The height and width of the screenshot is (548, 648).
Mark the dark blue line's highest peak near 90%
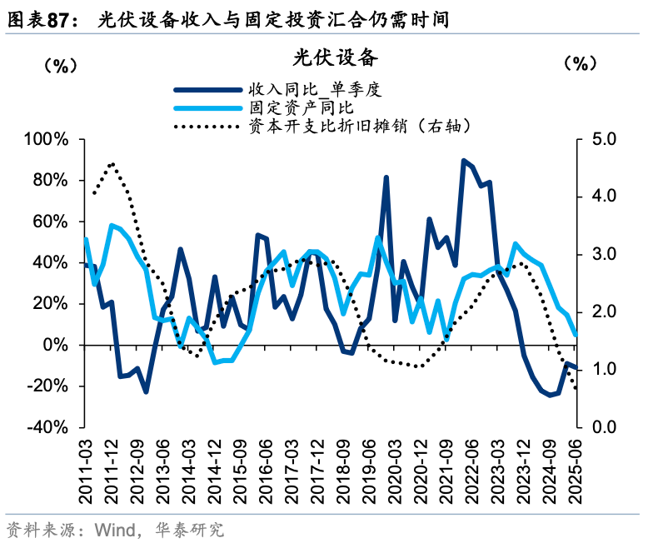pos(463,160)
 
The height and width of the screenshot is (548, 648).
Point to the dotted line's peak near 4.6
pos(112,164)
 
